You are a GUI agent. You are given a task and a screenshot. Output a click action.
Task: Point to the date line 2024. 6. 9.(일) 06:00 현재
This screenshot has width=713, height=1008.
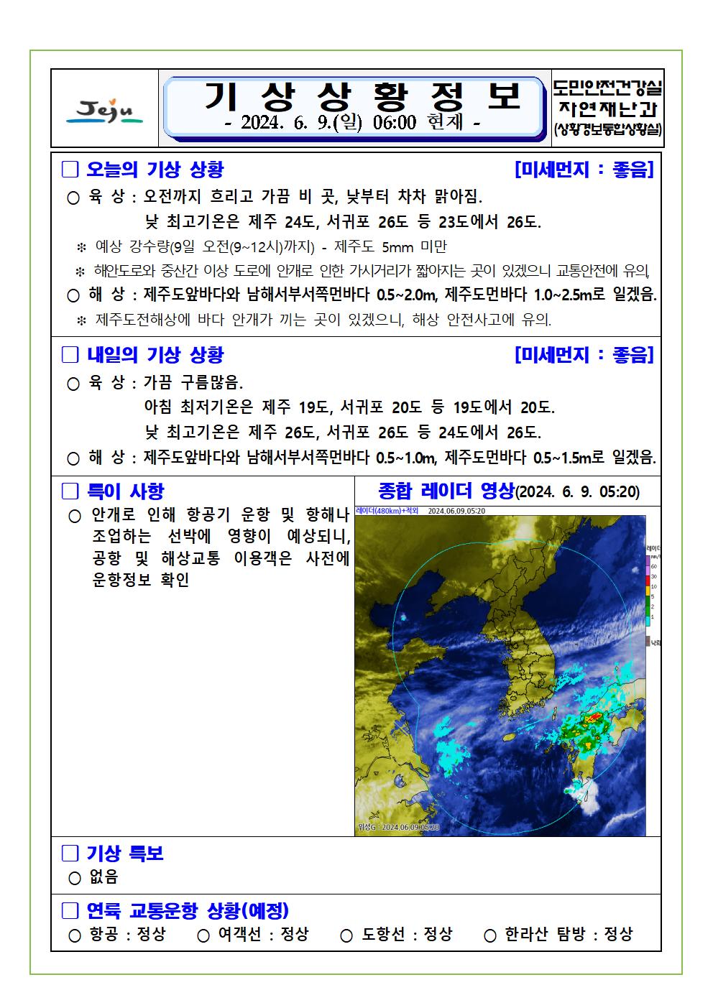pyautogui.click(x=351, y=123)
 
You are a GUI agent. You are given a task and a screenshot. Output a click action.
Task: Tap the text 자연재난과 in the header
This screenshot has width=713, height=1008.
pyautogui.click(x=607, y=110)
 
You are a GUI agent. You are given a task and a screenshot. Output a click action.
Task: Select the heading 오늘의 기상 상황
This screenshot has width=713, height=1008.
pyautogui.click(x=155, y=170)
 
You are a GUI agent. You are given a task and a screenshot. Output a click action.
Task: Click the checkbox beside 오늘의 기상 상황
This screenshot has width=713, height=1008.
pyautogui.click(x=70, y=170)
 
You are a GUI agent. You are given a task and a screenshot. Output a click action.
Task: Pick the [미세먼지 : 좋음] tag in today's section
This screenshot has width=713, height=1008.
pyautogui.click(x=584, y=170)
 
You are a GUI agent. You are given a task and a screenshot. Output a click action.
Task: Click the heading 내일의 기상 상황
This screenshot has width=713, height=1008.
pyautogui.click(x=155, y=355)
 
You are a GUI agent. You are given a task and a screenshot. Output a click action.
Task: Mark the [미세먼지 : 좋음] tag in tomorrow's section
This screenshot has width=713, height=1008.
pyautogui.click(x=584, y=355)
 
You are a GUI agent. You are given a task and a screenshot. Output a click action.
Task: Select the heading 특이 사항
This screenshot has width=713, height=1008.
pyautogui.click(x=125, y=492)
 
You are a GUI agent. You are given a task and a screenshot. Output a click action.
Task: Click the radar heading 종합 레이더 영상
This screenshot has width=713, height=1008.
pyautogui.click(x=446, y=491)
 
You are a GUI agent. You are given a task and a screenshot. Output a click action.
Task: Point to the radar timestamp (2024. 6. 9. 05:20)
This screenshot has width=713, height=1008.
pyautogui.click(x=578, y=492)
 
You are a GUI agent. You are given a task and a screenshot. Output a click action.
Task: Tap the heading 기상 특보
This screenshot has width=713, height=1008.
pyautogui.click(x=125, y=854)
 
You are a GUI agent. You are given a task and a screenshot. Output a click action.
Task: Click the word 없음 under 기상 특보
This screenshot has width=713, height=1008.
pyautogui.click(x=103, y=877)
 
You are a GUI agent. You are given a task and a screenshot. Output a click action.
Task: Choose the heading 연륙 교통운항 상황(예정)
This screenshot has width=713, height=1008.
pyautogui.click(x=187, y=911)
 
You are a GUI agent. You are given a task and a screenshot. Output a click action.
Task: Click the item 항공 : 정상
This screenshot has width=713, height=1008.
pyautogui.click(x=126, y=934)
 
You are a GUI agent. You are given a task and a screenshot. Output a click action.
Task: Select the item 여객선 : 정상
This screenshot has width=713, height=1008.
pyautogui.click(x=263, y=934)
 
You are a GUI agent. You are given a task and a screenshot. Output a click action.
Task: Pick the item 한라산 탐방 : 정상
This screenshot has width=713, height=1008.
pyautogui.click(x=568, y=934)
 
